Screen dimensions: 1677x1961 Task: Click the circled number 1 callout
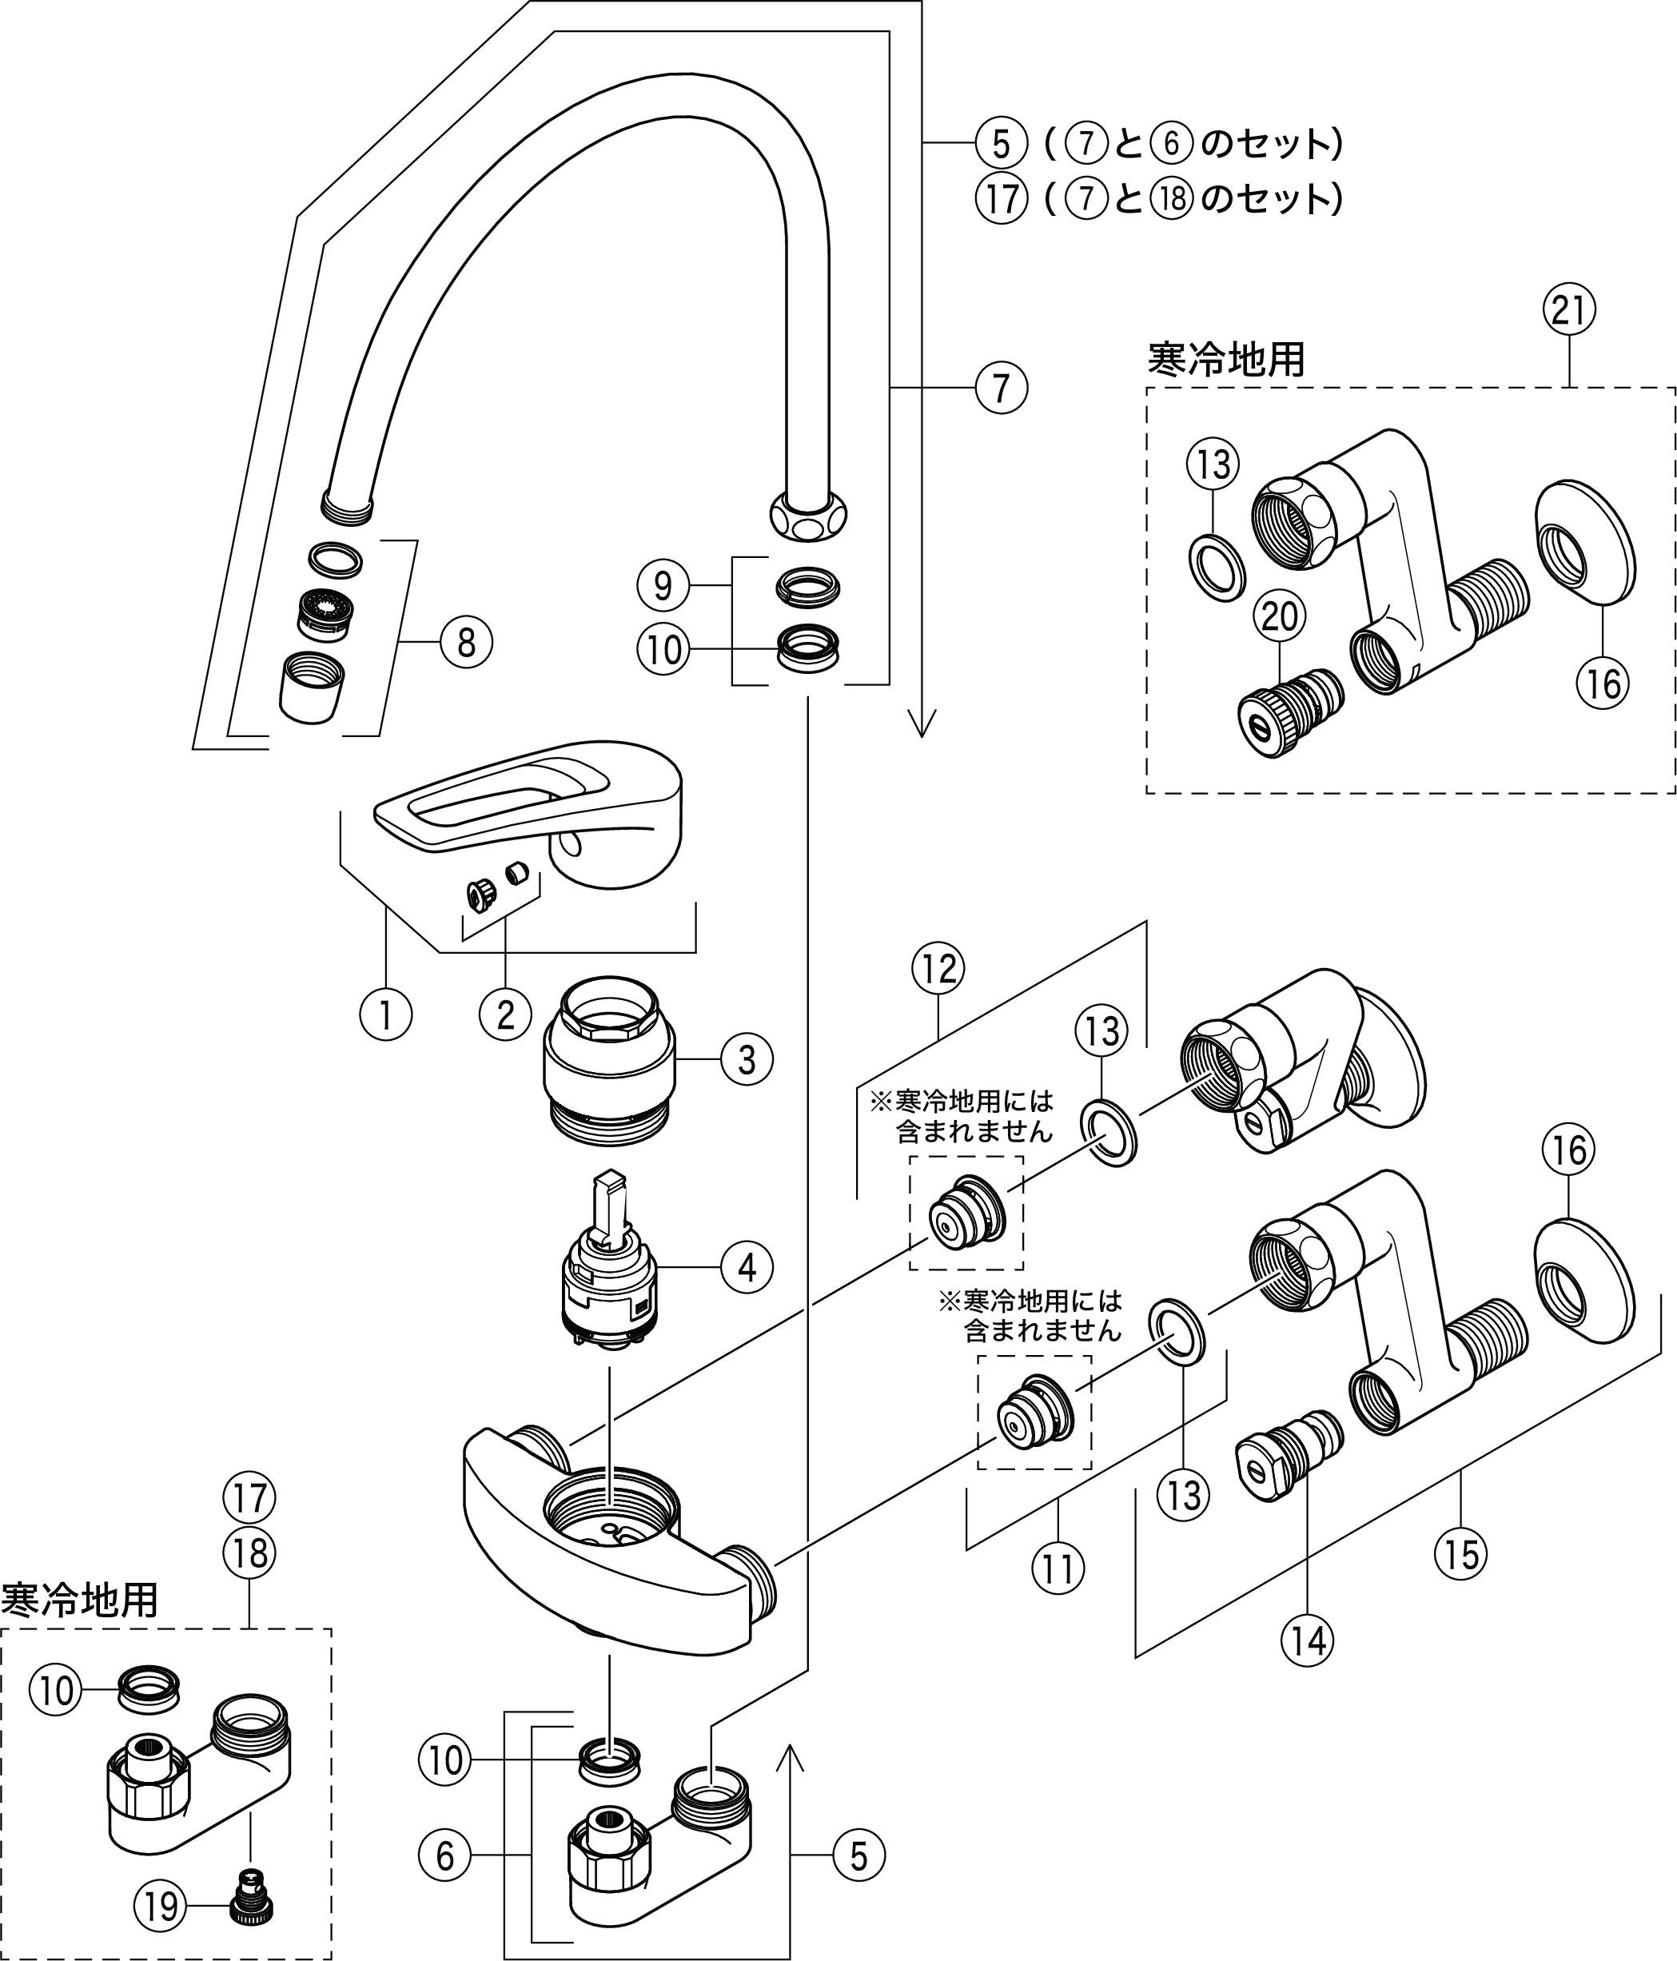[x=385, y=1014]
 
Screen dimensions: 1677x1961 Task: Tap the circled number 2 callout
[x=505, y=1014]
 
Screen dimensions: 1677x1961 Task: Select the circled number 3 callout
[x=747, y=1059]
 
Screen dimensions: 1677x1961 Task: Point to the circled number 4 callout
[x=747, y=1267]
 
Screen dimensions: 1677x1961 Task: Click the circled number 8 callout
[x=466, y=643]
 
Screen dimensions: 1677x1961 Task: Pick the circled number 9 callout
[x=663, y=586]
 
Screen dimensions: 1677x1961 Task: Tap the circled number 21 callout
[x=1569, y=309]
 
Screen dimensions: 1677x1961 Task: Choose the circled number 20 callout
[x=1280, y=616]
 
